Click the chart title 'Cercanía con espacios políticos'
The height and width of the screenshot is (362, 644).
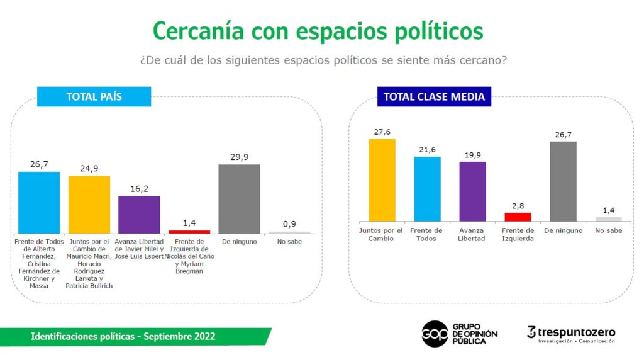tap(318, 31)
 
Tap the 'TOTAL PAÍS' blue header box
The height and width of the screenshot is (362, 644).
tap(94, 97)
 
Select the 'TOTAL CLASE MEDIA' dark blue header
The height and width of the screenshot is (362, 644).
tap(434, 97)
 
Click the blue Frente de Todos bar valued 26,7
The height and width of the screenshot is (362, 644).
tap(39, 203)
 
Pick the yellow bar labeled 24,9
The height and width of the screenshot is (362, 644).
tap(89, 205)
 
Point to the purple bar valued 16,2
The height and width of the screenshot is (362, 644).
tap(139, 215)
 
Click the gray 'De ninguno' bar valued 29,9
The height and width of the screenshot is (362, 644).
tap(239, 199)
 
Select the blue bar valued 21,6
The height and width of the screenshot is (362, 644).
tap(427, 189)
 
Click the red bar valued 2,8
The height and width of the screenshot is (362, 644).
tap(518, 217)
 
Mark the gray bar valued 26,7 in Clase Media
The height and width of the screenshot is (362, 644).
tap(563, 182)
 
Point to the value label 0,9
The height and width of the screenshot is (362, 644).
tap(289, 224)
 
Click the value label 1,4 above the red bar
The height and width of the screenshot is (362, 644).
tap(189, 223)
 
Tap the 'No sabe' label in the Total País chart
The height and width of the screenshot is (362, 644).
tap(289, 242)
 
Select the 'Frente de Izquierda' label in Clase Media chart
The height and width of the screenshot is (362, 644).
tap(518, 234)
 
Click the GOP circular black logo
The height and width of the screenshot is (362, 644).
tap(435, 334)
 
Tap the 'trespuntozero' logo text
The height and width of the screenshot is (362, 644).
tap(577, 332)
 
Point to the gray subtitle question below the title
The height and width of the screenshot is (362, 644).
tap(323, 60)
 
